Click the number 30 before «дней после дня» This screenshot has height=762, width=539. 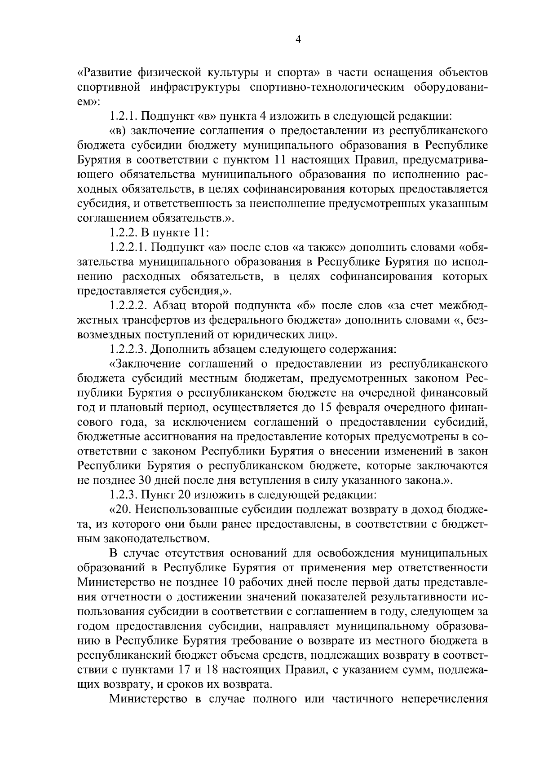coord(146,480)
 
